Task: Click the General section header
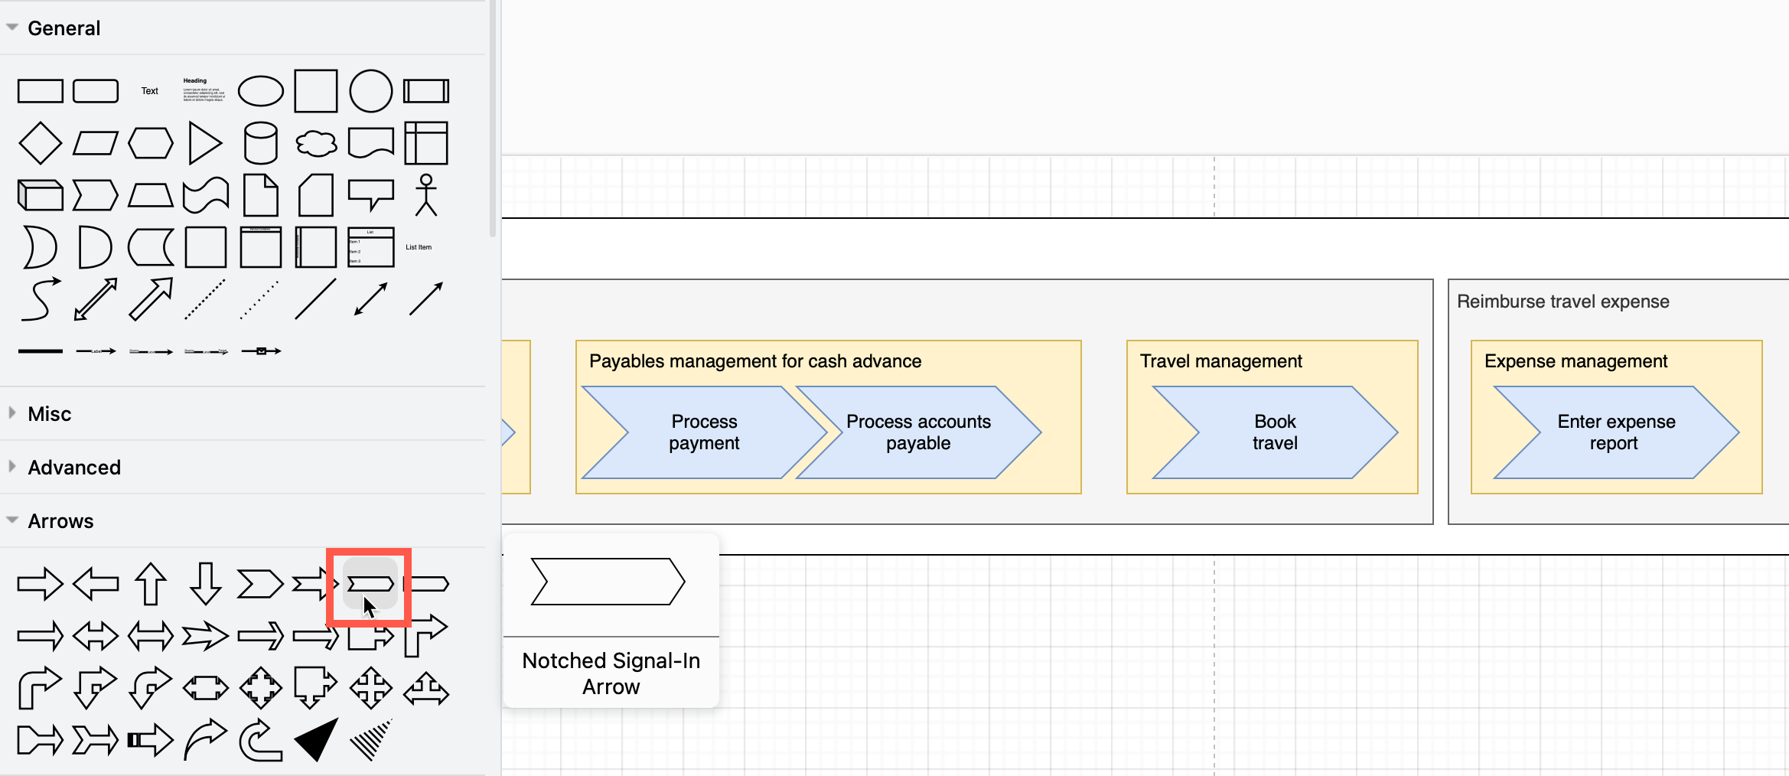(x=64, y=28)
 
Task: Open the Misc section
(x=49, y=414)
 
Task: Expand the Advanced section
(x=73, y=468)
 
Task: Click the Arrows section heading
(x=60, y=521)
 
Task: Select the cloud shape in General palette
(x=316, y=143)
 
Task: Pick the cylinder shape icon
(x=260, y=143)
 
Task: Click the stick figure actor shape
(x=426, y=195)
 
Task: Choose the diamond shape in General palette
(x=40, y=143)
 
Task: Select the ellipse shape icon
(x=260, y=91)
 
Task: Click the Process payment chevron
(x=703, y=432)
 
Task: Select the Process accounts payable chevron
(x=918, y=432)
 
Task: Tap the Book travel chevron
(x=1274, y=432)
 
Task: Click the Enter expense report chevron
(x=1615, y=432)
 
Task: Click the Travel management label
(x=1220, y=361)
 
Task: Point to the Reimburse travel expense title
(x=1563, y=302)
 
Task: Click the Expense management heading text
(x=1575, y=361)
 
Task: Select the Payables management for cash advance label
(x=754, y=361)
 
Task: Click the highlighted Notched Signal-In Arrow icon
(x=370, y=585)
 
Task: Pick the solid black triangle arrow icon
(x=317, y=740)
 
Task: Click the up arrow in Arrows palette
(x=151, y=585)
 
